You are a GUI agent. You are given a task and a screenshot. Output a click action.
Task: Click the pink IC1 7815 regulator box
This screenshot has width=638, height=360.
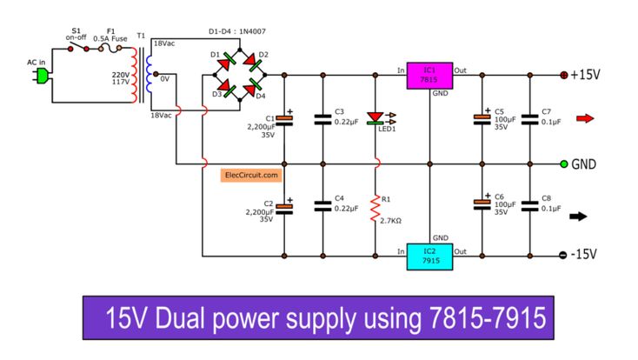429,76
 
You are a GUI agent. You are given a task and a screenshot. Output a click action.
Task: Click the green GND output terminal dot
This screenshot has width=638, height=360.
563,163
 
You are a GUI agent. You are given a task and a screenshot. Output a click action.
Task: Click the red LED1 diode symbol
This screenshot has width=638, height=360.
376,117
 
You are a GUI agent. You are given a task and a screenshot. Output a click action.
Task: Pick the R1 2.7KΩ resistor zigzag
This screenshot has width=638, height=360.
376,209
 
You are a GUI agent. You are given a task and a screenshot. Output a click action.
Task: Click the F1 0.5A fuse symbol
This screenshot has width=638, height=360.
113,50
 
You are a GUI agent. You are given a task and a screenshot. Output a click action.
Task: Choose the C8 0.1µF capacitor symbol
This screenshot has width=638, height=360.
528,207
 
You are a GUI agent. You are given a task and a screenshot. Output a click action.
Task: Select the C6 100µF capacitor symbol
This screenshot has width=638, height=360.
481,203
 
